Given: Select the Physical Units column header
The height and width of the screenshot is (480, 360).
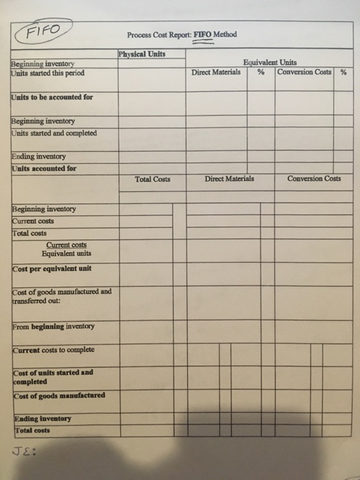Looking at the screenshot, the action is tap(141, 54).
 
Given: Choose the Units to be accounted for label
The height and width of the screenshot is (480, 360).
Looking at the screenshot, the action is tap(51, 97).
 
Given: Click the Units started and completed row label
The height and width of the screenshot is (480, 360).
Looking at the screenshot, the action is tap(53, 132).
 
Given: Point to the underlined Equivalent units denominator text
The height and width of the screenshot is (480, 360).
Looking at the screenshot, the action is tap(65, 254).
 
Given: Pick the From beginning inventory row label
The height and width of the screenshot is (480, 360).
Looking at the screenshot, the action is tap(53, 326).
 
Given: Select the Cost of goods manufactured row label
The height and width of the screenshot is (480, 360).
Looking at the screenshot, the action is tap(58, 396).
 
